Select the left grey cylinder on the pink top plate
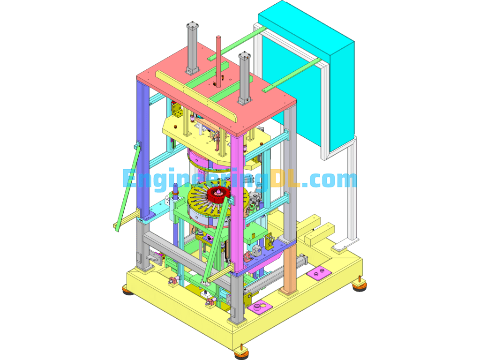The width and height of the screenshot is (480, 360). pos(193,47)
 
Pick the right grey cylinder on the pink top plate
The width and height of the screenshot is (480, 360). pos(244,77)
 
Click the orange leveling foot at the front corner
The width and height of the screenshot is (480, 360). pos(242,349)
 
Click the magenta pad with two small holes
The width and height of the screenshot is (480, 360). pos(319,272)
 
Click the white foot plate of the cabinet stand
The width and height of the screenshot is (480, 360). pos(345,244)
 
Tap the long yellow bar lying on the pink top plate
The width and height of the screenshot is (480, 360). pos(197,96)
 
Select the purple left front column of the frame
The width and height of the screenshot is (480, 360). pos(141,141)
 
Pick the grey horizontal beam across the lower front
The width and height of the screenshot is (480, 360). pos(187,255)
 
